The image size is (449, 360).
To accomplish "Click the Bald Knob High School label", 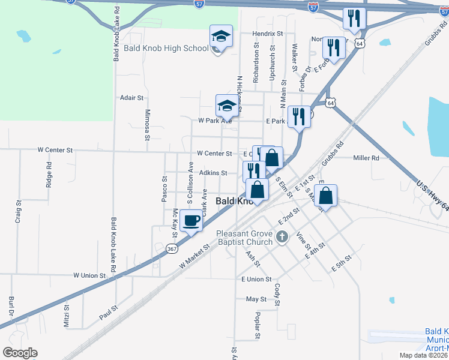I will (166, 48).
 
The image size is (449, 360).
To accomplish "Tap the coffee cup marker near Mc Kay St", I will (191, 221).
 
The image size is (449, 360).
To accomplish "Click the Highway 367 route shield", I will (172, 248).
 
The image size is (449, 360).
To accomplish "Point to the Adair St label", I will (132, 97).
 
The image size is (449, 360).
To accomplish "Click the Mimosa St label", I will (147, 124).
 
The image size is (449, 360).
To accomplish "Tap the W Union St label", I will (89, 275).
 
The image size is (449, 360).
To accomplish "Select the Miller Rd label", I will (366, 158).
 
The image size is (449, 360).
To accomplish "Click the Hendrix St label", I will (268, 34).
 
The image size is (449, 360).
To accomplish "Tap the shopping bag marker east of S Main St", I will (325, 196).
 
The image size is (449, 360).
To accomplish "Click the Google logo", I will (20, 353).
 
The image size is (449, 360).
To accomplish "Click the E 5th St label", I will (341, 265).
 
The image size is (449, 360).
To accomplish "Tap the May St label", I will (256, 299).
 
